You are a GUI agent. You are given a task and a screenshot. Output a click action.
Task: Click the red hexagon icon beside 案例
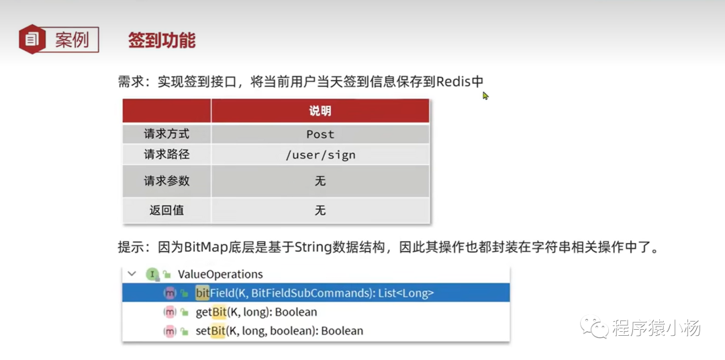pos(32,40)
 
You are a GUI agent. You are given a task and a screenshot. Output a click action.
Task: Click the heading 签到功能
pos(162,41)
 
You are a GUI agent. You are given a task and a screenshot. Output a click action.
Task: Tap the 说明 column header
pos(320,111)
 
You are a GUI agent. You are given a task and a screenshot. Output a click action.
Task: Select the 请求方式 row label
pos(166,134)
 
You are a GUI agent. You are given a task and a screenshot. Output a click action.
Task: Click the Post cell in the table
pos(320,134)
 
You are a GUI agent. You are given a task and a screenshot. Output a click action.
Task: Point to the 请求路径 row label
pos(166,154)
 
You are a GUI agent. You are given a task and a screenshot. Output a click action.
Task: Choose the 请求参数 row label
pos(166,181)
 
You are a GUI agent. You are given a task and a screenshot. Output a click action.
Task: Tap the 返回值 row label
pos(166,210)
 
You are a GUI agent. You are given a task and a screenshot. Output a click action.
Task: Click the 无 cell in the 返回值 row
pos(320,210)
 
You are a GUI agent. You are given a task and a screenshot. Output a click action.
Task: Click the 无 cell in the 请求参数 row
pos(320,181)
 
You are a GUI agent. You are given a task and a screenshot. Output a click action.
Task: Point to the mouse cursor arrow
pos(485,95)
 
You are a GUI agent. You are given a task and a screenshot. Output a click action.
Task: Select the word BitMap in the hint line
pos(206,248)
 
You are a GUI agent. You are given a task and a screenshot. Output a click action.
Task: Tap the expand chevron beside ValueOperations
pos(132,273)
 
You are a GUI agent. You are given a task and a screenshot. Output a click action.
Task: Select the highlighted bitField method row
pos(316,293)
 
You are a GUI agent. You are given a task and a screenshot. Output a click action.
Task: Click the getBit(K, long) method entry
pos(256,312)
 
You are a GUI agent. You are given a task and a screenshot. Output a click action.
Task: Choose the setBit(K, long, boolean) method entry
pos(279,331)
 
